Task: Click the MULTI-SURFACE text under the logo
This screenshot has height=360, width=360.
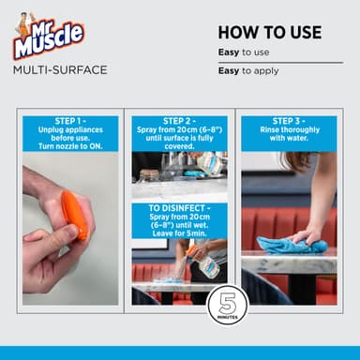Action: (60, 69)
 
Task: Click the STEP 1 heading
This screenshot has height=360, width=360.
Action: (70, 121)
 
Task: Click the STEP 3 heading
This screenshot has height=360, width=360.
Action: (288, 121)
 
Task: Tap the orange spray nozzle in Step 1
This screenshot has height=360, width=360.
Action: (74, 217)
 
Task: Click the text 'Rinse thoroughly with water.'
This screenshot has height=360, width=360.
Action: (288, 136)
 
